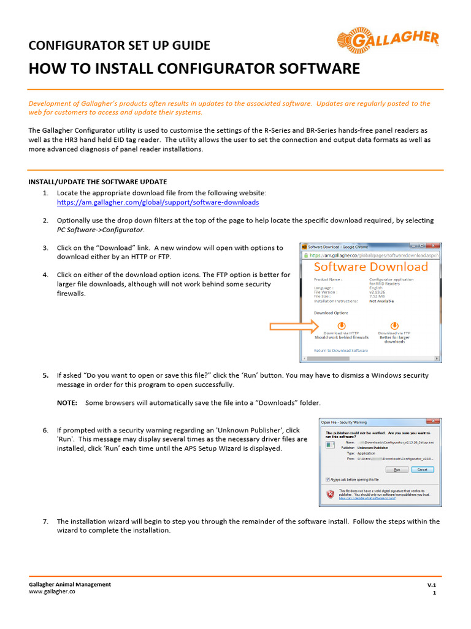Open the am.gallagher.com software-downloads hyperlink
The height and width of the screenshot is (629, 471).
(158, 202)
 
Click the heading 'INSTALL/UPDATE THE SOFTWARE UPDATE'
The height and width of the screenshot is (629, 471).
(98, 182)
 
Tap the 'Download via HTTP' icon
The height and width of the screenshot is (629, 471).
(342, 325)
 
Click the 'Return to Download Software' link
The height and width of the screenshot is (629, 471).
(341, 351)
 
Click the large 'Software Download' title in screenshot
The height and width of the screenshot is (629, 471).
(371, 267)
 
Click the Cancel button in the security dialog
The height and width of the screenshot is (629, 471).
(422, 469)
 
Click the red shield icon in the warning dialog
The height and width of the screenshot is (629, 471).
(331, 494)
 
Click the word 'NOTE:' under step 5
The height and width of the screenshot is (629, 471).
(67, 403)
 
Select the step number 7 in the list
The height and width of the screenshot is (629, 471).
(45, 522)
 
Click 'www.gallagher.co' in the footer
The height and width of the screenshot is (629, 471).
(52, 592)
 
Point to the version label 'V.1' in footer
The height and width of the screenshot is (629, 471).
(431, 585)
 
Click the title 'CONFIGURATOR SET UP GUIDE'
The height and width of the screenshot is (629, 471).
(119, 45)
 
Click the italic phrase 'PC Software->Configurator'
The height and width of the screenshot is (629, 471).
(101, 230)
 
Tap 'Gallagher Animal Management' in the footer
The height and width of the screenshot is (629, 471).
(70, 584)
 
